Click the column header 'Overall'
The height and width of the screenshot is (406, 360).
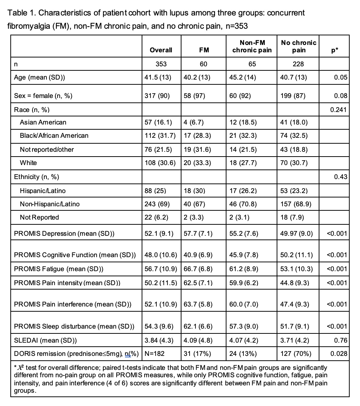coord(161,50)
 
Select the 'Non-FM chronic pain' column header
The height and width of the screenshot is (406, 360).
coord(252,46)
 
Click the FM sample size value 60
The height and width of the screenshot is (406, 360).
coord(204,64)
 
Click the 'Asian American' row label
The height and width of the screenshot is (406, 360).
coord(43,122)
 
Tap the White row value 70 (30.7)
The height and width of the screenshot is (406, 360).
coord(294,163)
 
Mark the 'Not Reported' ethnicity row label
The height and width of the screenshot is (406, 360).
coord(39,217)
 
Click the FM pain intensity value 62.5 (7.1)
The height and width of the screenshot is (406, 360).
coord(198,283)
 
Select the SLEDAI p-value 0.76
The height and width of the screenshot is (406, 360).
coord(341,340)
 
